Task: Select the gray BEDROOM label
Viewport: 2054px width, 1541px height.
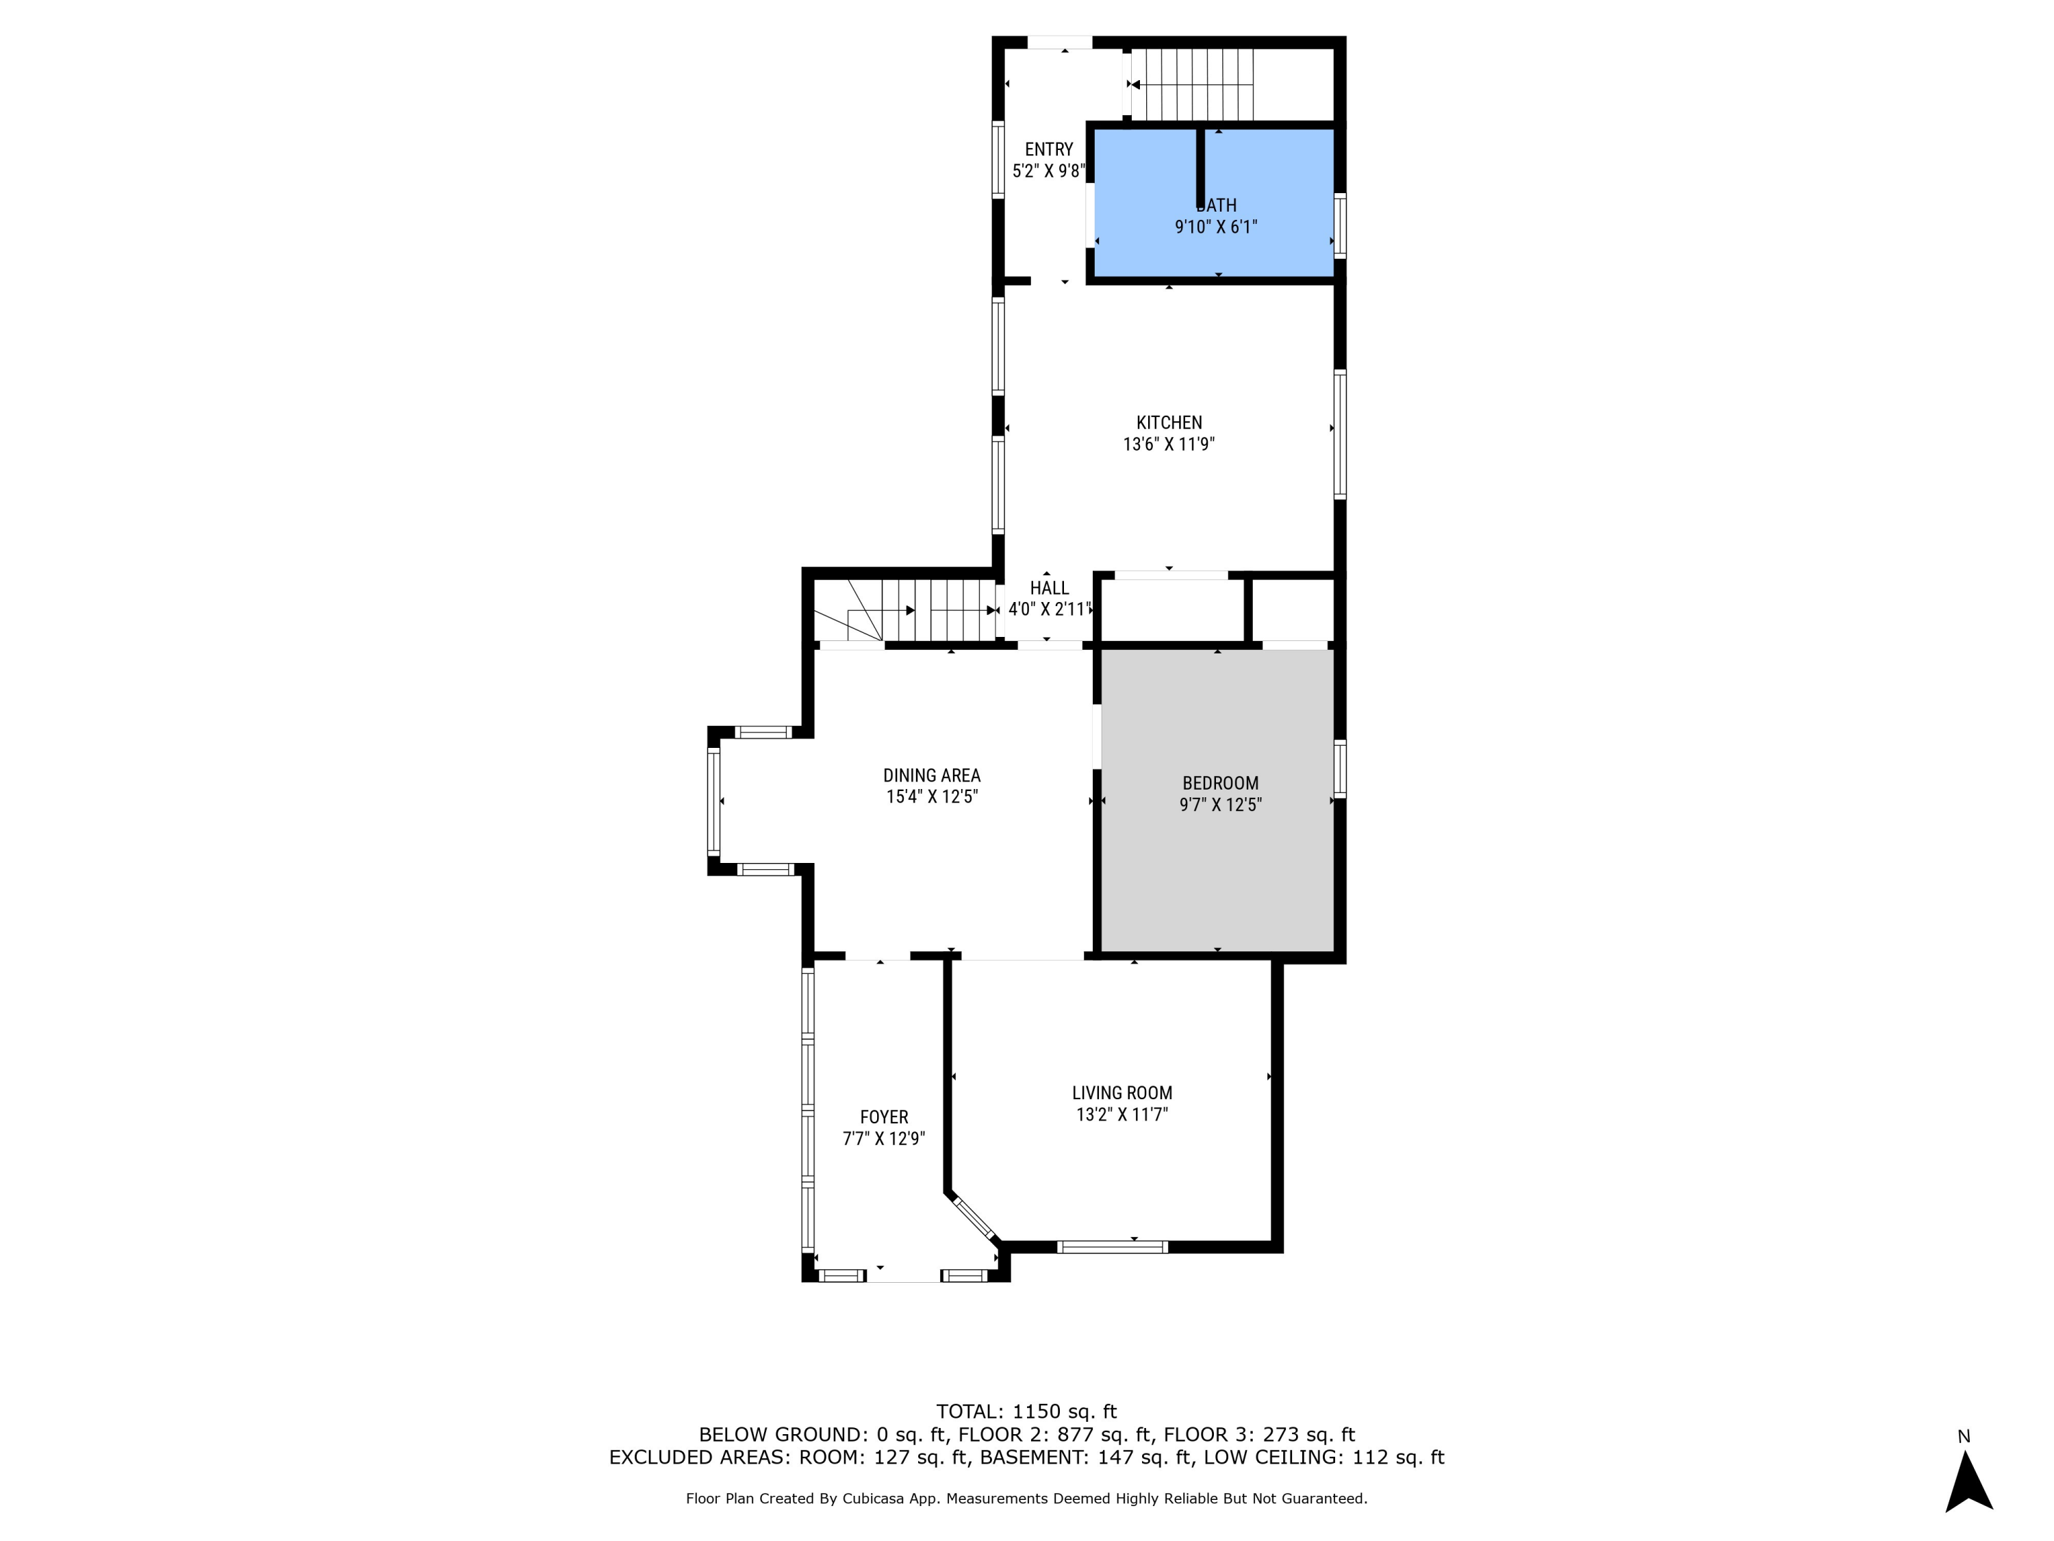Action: coord(1220,783)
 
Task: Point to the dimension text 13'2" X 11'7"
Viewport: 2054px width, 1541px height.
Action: coord(1121,1114)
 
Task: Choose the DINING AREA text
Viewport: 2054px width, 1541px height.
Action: coord(931,775)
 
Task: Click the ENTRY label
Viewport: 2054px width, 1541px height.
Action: coord(1048,149)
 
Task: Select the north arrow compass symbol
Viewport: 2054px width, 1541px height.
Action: coord(1968,1481)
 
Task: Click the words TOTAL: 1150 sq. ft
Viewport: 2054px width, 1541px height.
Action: coord(1026,1412)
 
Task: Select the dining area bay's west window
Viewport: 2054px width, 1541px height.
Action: coord(713,801)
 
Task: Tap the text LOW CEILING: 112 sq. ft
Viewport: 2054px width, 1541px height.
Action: coord(1323,1457)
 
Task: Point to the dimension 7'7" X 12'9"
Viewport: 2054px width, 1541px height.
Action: coord(883,1139)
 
